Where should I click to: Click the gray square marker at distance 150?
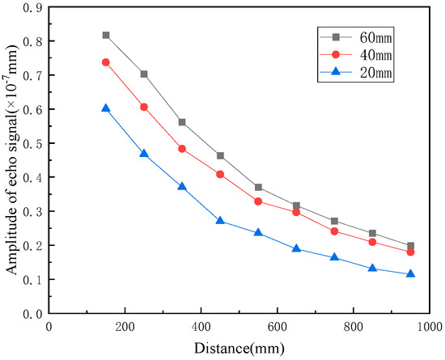(x=106, y=36)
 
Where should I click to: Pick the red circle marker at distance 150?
(x=106, y=62)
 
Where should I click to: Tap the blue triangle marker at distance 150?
(x=106, y=108)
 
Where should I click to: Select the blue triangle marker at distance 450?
(x=220, y=221)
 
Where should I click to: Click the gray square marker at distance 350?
(x=182, y=122)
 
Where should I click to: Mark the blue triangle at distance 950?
(x=410, y=273)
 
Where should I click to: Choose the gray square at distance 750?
(x=334, y=221)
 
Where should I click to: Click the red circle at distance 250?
(x=144, y=107)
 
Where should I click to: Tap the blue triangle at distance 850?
(x=372, y=268)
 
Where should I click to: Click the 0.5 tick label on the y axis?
(x=33, y=143)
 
